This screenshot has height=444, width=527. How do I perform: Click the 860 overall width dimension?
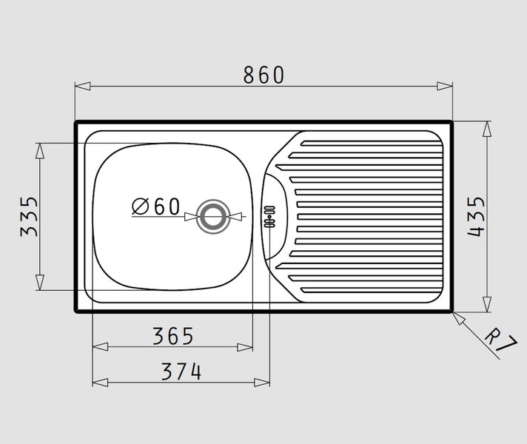pyautogui.click(x=263, y=75)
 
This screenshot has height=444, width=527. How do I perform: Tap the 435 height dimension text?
pyautogui.click(x=477, y=217)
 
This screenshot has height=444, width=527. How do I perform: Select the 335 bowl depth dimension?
pyautogui.click(x=30, y=217)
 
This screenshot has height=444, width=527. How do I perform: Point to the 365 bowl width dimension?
pyautogui.click(x=173, y=336)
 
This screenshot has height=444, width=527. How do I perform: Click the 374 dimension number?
pyautogui.click(x=181, y=371)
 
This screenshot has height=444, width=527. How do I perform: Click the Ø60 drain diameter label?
pyautogui.click(x=156, y=206)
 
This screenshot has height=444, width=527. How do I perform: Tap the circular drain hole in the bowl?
pyautogui.click(x=213, y=217)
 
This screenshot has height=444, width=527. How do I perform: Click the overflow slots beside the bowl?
pyautogui.click(x=269, y=217)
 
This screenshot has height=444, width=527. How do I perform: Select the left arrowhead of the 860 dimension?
pyautogui.click(x=83, y=87)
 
